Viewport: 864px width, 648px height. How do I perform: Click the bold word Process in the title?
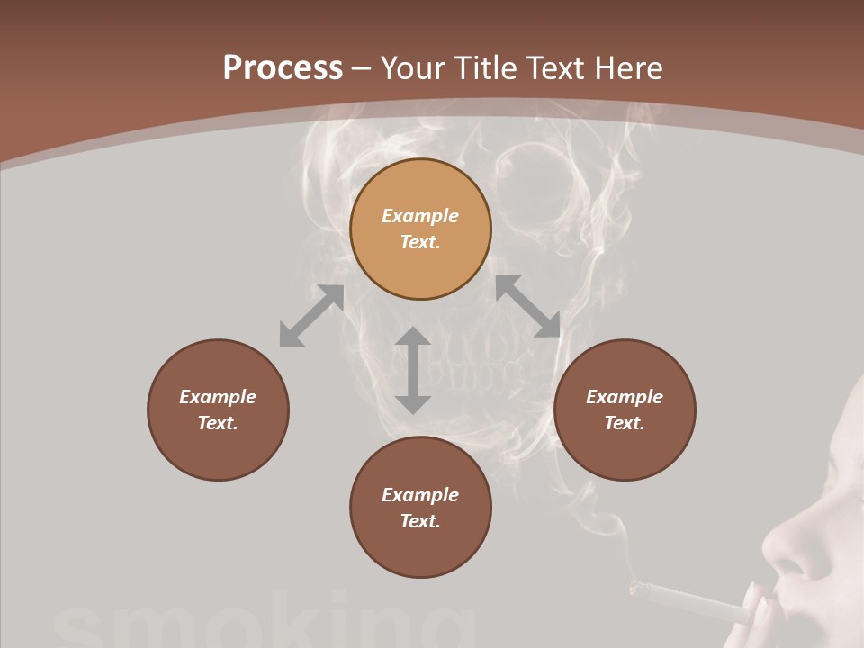283,68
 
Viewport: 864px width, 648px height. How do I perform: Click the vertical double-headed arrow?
413,370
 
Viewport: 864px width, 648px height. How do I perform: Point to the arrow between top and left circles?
311,316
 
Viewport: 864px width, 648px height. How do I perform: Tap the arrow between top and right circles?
527,306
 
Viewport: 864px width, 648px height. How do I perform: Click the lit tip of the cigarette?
636,589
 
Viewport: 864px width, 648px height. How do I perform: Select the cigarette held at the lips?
693,603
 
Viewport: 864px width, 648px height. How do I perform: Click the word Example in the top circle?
420,216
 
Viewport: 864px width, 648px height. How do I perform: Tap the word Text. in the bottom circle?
420,521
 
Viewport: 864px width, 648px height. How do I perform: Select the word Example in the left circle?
218,397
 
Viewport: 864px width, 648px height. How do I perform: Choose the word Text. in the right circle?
625,423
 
